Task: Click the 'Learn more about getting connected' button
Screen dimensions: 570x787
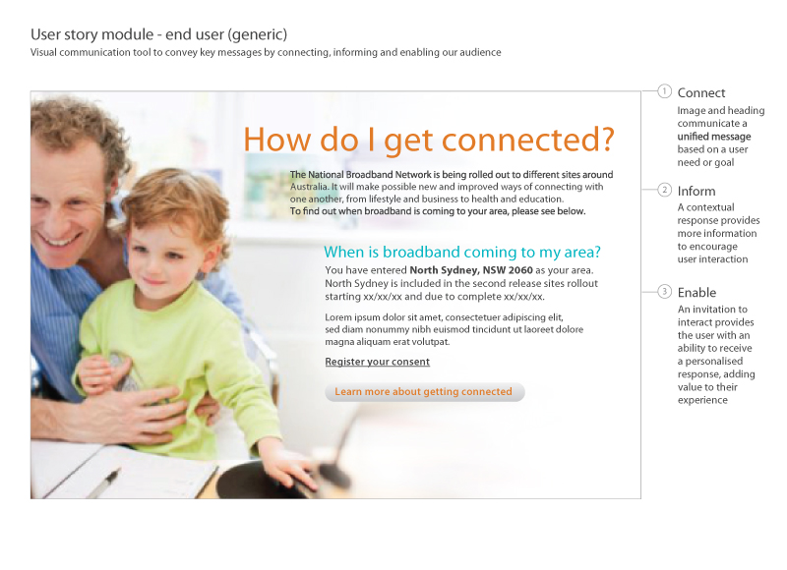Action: click(424, 392)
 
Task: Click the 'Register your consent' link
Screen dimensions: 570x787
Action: click(377, 362)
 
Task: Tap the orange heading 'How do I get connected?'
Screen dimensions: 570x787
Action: click(429, 139)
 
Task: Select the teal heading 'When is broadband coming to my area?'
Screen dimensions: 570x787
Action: click(462, 252)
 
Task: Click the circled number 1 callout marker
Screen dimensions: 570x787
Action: click(664, 92)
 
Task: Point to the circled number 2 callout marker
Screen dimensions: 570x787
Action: click(664, 190)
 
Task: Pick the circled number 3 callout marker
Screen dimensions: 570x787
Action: click(664, 292)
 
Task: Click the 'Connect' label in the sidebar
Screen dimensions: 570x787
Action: click(701, 93)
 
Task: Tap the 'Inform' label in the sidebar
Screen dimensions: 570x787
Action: click(696, 191)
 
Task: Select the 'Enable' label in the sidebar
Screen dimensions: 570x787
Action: click(696, 293)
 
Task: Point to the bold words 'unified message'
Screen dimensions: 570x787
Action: click(714, 137)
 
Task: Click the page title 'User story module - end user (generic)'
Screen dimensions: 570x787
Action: click(158, 34)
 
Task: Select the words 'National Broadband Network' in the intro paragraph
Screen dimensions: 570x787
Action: click(367, 175)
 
